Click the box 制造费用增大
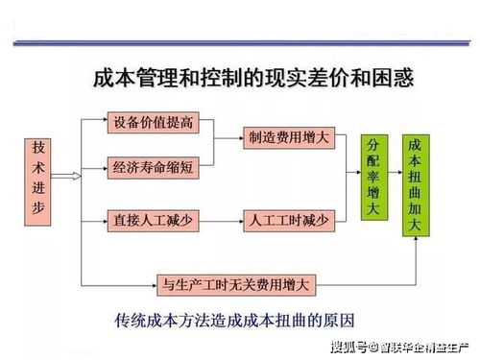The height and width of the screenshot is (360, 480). click(286, 137)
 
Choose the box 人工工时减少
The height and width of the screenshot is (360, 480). click(286, 221)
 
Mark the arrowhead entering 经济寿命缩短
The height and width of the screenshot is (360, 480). click(102, 167)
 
